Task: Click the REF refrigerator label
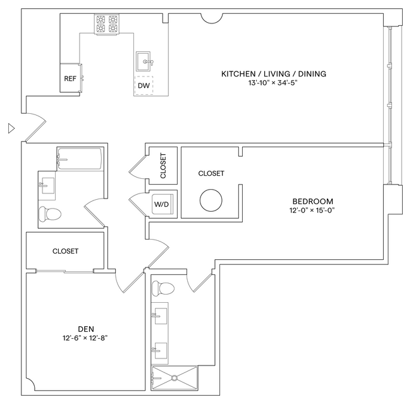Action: [70, 79]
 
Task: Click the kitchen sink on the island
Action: [145, 62]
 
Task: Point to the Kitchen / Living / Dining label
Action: [273, 74]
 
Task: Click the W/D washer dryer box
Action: [162, 204]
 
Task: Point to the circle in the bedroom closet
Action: [211, 200]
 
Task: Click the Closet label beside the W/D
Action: [163, 166]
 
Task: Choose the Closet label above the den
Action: [65, 251]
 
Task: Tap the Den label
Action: [85, 328]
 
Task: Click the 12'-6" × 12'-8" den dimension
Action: [85, 338]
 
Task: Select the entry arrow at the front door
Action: [10, 129]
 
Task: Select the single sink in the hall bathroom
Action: [46, 185]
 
